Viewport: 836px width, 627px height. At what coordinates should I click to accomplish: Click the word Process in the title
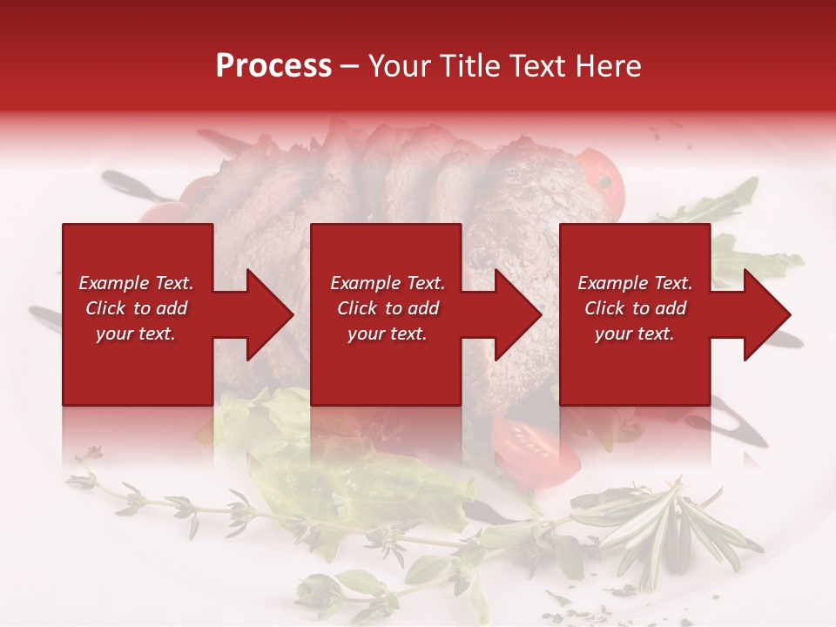pyautogui.click(x=273, y=66)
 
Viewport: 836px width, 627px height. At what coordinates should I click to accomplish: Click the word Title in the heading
pyautogui.click(x=464, y=66)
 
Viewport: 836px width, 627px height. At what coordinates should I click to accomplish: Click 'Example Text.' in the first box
pyautogui.click(x=136, y=283)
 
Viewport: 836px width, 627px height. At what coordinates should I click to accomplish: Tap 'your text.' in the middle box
pyautogui.click(x=387, y=334)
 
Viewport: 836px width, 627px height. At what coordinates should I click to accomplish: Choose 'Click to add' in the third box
pyautogui.click(x=635, y=308)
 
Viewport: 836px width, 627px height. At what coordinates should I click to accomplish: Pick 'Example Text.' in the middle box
pyautogui.click(x=387, y=283)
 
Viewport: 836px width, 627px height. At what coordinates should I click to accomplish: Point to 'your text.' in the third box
pyautogui.click(x=635, y=334)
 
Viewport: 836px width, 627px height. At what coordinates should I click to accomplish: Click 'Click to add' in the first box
pyautogui.click(x=136, y=308)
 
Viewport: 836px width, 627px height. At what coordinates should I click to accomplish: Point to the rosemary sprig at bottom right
pyautogui.click(x=662, y=531)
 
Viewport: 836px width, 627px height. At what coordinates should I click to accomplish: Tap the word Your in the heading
pyautogui.click(x=398, y=66)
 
